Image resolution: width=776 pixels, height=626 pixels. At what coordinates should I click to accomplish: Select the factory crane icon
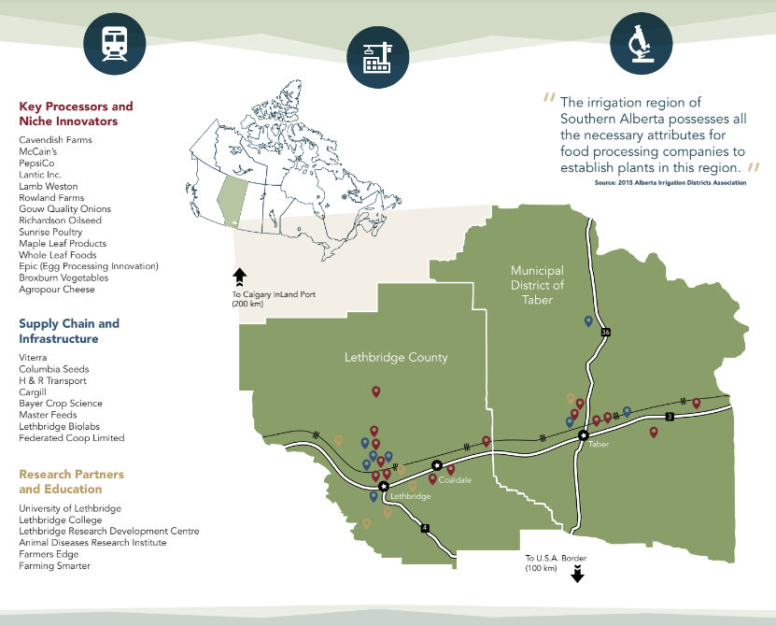[378, 58]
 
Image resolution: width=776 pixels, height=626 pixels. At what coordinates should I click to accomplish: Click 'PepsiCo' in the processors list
[38, 163]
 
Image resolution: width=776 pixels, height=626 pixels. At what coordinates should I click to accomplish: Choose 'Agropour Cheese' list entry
[57, 290]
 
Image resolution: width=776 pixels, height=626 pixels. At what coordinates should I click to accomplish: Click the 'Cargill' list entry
[33, 392]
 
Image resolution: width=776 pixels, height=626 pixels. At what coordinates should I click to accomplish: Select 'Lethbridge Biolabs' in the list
[58, 426]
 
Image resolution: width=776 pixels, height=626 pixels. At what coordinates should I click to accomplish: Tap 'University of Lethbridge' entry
[70, 508]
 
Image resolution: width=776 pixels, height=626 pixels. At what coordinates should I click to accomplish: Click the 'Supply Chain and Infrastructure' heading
[69, 331]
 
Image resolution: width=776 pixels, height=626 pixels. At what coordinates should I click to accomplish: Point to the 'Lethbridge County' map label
[396, 357]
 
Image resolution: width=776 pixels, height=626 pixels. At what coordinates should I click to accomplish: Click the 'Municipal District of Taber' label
[537, 285]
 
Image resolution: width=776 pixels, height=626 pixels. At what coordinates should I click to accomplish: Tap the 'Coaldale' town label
[455, 480]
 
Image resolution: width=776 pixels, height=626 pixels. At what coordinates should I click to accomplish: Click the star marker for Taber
[584, 435]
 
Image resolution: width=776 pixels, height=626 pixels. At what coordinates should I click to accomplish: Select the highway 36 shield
[605, 332]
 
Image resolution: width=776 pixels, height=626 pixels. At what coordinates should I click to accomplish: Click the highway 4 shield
[425, 528]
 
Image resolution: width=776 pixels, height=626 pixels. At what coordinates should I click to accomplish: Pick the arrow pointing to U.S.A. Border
[576, 576]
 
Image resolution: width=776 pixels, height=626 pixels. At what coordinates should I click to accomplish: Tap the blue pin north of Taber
[588, 321]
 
